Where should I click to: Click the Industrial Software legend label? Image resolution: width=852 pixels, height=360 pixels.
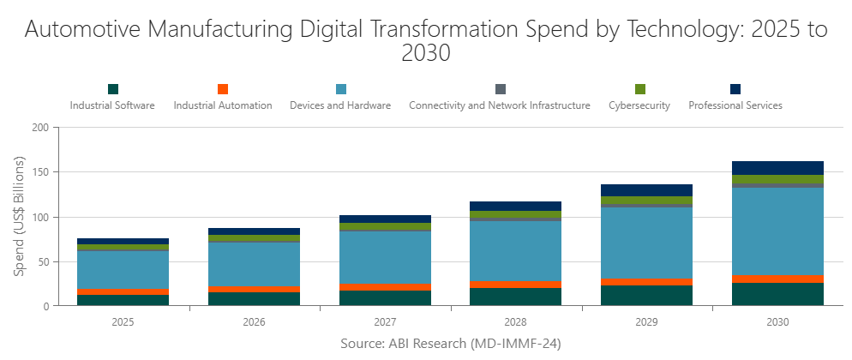(112, 106)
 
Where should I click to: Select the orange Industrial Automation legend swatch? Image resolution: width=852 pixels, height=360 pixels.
(223, 89)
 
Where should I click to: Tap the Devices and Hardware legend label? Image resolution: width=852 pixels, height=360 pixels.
(340, 106)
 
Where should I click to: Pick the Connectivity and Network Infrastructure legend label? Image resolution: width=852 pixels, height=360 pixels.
(500, 106)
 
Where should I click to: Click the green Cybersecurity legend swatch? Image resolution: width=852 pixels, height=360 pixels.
(640, 89)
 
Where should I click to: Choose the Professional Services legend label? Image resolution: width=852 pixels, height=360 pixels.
(735, 106)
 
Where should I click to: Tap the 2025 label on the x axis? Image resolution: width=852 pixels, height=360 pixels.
(123, 323)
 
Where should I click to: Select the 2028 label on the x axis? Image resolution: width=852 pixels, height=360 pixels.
(516, 323)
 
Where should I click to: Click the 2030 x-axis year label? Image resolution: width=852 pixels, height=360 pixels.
(777, 323)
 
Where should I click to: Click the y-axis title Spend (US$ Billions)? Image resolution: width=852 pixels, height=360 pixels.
(20, 216)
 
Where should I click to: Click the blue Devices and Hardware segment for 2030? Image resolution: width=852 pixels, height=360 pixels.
(777, 231)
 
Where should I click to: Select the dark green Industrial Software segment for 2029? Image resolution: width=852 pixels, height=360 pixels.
(647, 296)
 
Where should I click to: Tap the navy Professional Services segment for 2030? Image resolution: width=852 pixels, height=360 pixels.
(777, 168)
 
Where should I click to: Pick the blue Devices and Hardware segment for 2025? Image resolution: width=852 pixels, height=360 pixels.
(123, 270)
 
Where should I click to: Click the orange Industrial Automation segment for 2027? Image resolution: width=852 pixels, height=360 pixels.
(385, 287)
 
